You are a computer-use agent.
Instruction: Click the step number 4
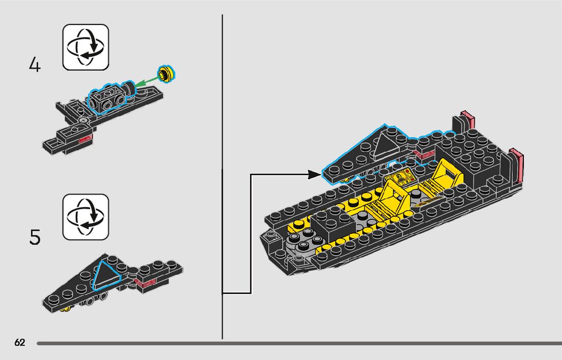[x=35, y=66]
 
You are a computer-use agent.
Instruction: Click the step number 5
[x=35, y=237]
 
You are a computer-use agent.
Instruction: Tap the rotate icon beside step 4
[x=85, y=47]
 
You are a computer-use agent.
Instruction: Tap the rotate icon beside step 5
[x=85, y=217]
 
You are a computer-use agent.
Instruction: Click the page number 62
[x=20, y=343]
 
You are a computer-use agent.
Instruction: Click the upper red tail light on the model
[x=467, y=118]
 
